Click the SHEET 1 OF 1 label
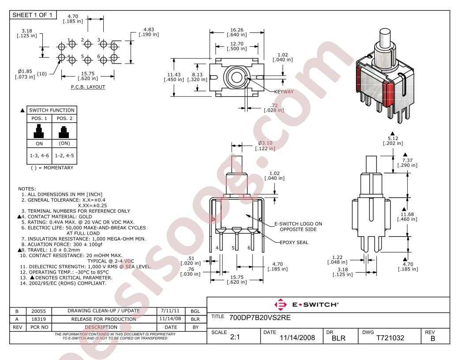point(32,15)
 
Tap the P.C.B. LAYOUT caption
point(88,87)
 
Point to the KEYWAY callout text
point(284,92)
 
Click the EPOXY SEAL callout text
point(294,242)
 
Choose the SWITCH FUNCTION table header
point(52,110)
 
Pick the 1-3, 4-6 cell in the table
point(39,156)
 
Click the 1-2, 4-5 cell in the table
point(64,156)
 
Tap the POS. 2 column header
point(64,118)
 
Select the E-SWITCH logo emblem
point(281,304)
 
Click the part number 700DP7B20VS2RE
point(260,318)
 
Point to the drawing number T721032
point(390,338)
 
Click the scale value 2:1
point(235,337)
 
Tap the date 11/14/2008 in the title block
point(297,338)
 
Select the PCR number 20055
point(39,311)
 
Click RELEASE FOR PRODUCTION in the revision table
point(103,319)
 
